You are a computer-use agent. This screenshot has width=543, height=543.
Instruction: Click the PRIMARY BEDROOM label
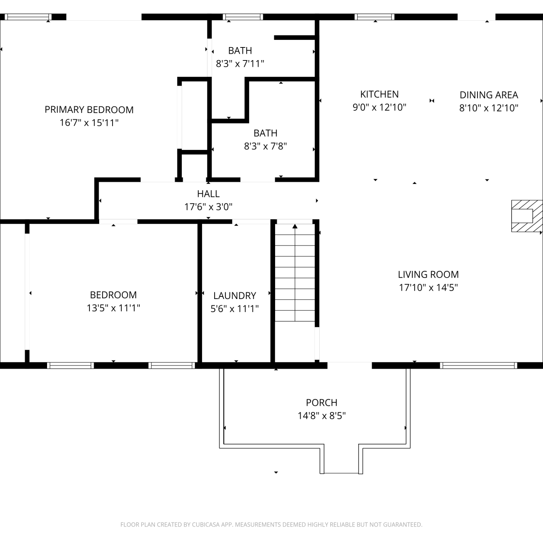[x=89, y=110]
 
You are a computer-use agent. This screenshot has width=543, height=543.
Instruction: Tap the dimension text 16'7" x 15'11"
[x=89, y=123]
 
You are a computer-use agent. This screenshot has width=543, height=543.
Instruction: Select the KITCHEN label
[x=379, y=94]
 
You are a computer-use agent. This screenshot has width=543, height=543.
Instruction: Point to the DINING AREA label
[x=489, y=95]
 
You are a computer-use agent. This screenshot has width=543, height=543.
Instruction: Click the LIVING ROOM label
[x=428, y=274]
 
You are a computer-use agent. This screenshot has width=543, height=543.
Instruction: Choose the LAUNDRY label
[x=235, y=296]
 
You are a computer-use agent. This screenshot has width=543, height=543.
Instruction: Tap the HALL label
[x=209, y=194]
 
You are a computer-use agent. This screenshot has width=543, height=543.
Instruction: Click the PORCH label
[x=321, y=403]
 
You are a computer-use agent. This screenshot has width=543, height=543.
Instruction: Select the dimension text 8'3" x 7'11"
[x=240, y=64]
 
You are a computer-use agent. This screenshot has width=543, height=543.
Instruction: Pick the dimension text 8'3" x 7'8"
[x=265, y=146]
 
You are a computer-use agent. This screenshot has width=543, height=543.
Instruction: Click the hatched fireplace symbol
[x=527, y=216]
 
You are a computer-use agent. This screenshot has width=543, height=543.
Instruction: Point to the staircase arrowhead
[x=295, y=226]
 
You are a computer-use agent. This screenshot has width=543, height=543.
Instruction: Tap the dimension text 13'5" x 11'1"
[x=113, y=308]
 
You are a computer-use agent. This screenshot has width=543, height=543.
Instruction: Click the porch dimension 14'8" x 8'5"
[x=321, y=416]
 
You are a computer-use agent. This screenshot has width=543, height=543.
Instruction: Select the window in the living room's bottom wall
[x=479, y=366]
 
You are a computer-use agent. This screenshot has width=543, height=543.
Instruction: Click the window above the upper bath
[x=243, y=17]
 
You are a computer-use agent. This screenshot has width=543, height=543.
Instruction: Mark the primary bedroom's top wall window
[x=28, y=17]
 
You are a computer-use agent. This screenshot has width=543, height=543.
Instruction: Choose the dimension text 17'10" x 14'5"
[x=428, y=287]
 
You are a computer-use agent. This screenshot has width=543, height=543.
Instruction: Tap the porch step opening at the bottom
[x=341, y=473]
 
